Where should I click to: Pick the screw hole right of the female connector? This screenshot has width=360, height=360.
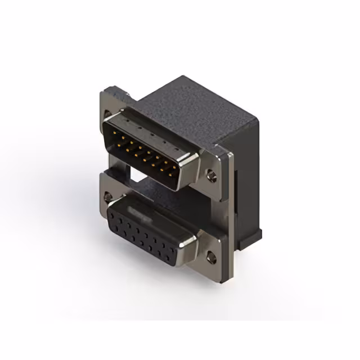(x=211, y=259)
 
